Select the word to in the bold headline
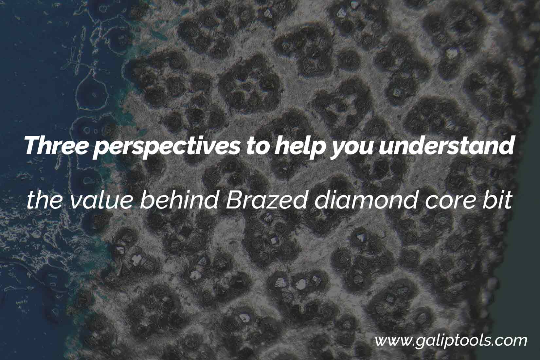click(258, 146)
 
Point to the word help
click(299, 148)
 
